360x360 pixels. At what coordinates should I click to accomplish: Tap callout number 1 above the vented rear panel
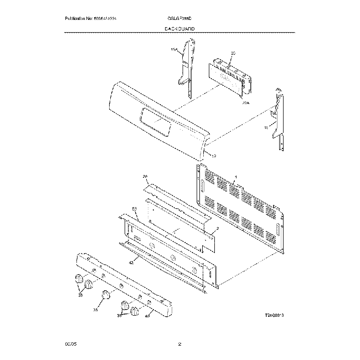(235, 177)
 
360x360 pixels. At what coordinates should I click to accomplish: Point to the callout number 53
(135, 209)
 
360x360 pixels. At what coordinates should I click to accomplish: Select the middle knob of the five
(105, 295)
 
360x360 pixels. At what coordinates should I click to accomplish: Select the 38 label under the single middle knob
(96, 311)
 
